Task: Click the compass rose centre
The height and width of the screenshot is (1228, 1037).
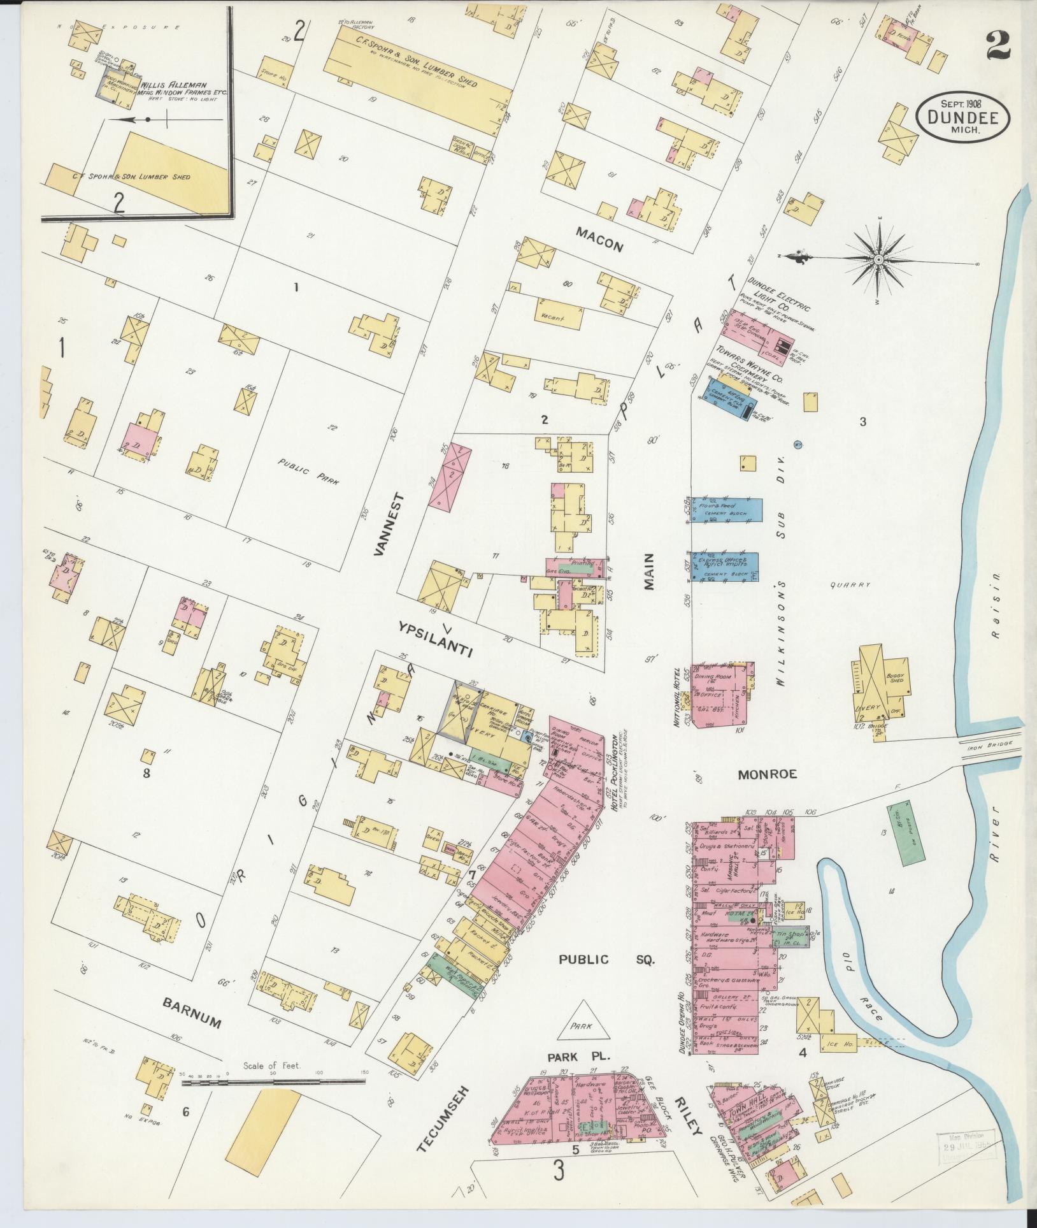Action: tap(878, 259)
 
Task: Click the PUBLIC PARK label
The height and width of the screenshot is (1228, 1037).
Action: tap(310, 472)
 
